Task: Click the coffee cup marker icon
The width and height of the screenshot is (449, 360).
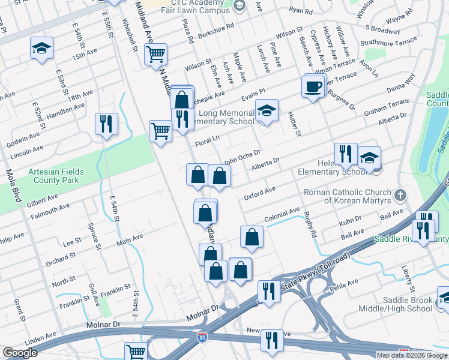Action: [x=313, y=86]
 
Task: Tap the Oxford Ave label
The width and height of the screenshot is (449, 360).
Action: [x=259, y=193]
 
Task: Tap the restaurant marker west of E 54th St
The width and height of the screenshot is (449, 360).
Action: [x=106, y=124]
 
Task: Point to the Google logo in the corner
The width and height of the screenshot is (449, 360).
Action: [x=20, y=353]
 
